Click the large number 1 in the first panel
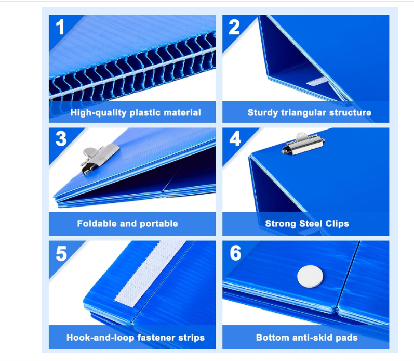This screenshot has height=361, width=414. point(60,27)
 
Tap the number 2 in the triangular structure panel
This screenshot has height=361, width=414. point(234,27)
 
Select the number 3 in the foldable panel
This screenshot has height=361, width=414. point(61,138)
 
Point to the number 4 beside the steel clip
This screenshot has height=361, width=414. point(235,138)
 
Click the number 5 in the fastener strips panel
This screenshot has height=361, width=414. point(61,253)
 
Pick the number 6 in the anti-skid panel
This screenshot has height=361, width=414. point(235,253)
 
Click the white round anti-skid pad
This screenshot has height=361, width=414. point(310,276)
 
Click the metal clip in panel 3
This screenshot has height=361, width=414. point(100,160)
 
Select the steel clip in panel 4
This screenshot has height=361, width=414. point(303,145)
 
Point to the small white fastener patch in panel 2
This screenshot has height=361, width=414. point(317,82)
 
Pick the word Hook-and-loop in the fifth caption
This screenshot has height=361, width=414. point(100,338)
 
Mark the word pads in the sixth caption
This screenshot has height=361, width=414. point(348,338)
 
